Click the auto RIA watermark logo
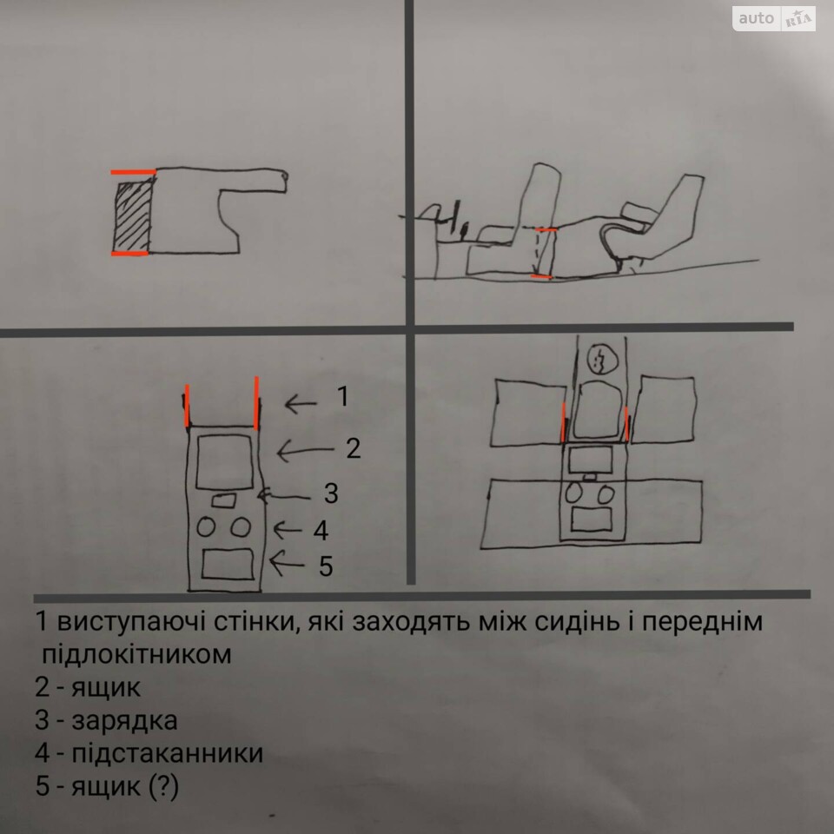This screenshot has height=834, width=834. click(x=773, y=18)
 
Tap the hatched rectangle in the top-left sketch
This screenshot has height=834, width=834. click(x=133, y=217)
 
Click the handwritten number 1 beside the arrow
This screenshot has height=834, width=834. click(x=344, y=396)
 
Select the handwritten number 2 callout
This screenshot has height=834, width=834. click(x=354, y=448)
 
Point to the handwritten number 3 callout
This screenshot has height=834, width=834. click(x=331, y=493)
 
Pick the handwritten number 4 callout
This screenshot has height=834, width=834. click(x=321, y=530)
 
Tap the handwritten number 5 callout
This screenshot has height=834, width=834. click(x=326, y=566)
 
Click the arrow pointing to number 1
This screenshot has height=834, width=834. click(x=301, y=404)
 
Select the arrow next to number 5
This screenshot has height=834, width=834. click(x=288, y=564)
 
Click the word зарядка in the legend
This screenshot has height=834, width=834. click(x=124, y=721)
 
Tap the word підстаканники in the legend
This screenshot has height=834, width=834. click(x=167, y=753)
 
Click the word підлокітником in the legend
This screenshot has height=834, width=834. click(x=136, y=655)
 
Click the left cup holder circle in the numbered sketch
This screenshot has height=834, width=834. click(x=206, y=527)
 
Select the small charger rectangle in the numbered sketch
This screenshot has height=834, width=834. click(x=224, y=500)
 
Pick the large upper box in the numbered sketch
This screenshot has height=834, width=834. click(x=224, y=461)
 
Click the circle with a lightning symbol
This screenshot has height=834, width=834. click(x=603, y=360)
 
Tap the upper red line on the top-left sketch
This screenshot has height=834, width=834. click(x=133, y=172)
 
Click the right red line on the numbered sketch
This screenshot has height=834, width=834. click(x=256, y=402)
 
